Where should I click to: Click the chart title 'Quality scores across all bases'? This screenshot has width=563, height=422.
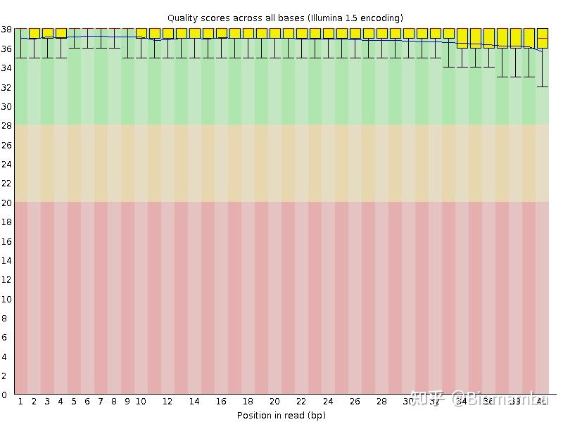(x=236, y=18)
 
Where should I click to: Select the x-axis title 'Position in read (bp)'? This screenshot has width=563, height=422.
(x=281, y=415)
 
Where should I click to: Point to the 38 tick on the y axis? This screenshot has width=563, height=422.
(x=6, y=29)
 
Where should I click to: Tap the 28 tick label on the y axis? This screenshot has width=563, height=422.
(x=6, y=125)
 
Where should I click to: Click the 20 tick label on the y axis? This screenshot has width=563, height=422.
(x=6, y=203)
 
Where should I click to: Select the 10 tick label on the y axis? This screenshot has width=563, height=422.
(x=6, y=299)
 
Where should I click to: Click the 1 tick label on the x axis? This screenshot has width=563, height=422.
(x=20, y=402)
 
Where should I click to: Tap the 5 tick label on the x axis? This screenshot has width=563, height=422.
(x=74, y=402)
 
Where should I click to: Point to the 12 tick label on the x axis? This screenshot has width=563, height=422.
(x=167, y=402)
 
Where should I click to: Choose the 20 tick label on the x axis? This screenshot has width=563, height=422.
(x=274, y=402)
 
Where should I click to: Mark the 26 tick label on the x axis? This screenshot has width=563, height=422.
(x=355, y=402)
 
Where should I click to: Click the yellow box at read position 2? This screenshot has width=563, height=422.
(x=34, y=33)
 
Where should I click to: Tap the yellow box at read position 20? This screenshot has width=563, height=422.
(x=274, y=33)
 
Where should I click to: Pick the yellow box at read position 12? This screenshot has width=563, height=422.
(x=167, y=33)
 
